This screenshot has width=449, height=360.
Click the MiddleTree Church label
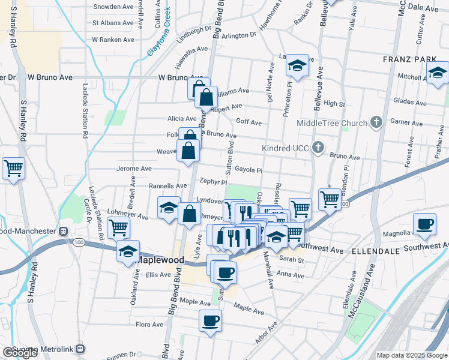click(x=333, y=124)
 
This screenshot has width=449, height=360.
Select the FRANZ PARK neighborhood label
click(x=406, y=60)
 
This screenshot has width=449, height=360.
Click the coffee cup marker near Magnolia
click(x=424, y=225)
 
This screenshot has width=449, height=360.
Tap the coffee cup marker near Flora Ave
click(x=210, y=320)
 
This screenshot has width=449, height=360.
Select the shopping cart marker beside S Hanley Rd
click(x=13, y=168)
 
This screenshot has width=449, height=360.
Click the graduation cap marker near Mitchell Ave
click(x=438, y=73)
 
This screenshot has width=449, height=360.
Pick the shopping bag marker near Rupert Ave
click(x=206, y=97)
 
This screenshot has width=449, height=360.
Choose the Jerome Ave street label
click(x=134, y=169)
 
